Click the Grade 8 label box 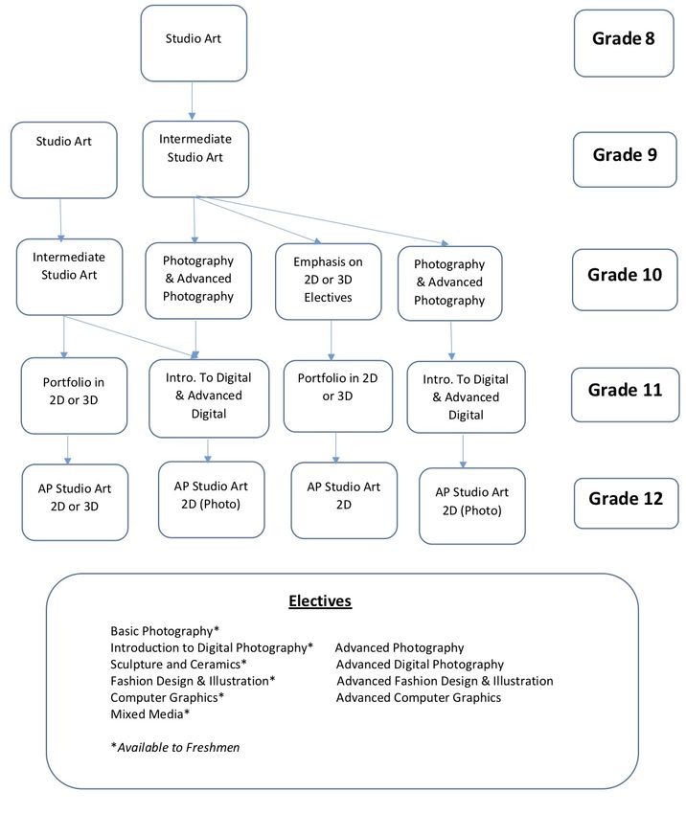[x=624, y=43]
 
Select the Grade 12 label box [x=627, y=503]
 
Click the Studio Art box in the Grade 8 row [x=194, y=43]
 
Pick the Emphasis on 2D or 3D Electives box [x=329, y=282]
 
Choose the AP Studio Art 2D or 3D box [x=75, y=502]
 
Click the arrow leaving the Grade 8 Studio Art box [x=193, y=101]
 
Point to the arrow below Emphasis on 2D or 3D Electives [x=332, y=340]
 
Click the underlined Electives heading [x=320, y=601]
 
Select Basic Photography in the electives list [x=165, y=631]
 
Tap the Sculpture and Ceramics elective [x=178, y=664]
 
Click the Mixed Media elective [x=149, y=713]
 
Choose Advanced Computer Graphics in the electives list [x=419, y=697]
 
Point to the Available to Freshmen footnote [x=175, y=747]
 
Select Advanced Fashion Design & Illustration [x=446, y=681]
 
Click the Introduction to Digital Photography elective [x=212, y=647]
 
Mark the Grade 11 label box [x=626, y=395]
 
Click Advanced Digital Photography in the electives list [x=420, y=664]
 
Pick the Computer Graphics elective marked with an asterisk [x=167, y=697]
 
